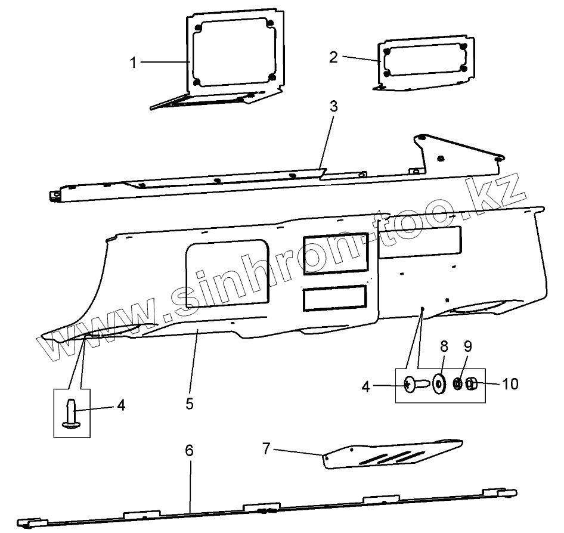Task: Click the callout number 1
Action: point(134,62)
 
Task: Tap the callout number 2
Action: point(333,57)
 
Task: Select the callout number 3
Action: point(333,107)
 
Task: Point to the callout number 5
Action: point(189,403)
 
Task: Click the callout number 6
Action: point(189,451)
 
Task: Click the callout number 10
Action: point(510,383)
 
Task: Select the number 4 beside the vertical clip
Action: point(121,405)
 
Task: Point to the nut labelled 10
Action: point(470,384)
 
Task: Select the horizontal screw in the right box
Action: point(416,385)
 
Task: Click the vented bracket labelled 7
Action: point(393,454)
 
